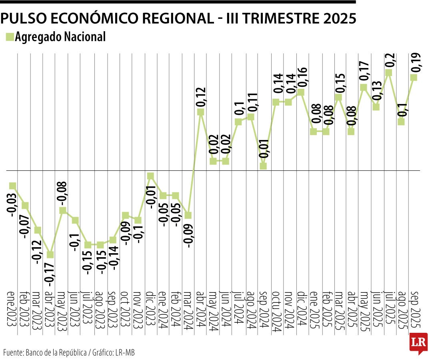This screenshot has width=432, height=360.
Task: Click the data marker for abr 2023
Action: [50, 255]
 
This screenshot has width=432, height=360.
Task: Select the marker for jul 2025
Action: [388, 72]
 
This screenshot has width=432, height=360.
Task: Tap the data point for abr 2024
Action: [200, 112]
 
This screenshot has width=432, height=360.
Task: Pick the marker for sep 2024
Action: [263, 166]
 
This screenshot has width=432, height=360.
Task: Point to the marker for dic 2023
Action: [150, 176]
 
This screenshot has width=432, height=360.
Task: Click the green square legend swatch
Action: [10, 37]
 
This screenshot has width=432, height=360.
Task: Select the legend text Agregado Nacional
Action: [60, 37]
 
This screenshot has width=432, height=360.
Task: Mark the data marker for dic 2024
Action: [301, 92]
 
